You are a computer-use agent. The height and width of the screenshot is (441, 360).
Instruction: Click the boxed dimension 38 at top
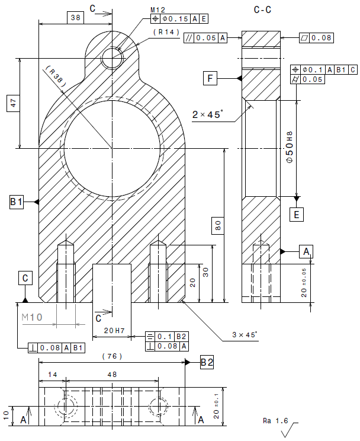click(x=76, y=18)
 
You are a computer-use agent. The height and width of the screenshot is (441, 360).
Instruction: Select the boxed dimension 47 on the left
click(x=14, y=103)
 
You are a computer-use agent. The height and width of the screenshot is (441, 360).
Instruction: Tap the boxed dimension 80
click(x=218, y=225)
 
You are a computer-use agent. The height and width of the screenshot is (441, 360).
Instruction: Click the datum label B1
click(x=17, y=202)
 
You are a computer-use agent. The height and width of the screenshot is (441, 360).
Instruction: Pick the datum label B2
click(x=207, y=362)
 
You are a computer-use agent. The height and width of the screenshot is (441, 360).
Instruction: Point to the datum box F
click(x=210, y=78)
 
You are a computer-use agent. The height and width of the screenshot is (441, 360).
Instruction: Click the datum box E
click(x=297, y=215)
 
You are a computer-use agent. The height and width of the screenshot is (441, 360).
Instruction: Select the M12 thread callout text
click(x=157, y=11)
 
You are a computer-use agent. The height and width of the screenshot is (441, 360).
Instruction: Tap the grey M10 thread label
click(x=32, y=317)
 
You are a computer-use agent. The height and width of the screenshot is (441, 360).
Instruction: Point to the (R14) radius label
click(x=166, y=32)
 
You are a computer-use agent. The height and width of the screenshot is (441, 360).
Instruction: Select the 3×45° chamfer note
click(x=245, y=335)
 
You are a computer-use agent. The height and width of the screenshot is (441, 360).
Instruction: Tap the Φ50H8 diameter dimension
click(x=290, y=147)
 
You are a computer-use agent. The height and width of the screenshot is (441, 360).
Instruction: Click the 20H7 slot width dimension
click(x=114, y=331)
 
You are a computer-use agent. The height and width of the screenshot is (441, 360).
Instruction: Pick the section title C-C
click(x=262, y=10)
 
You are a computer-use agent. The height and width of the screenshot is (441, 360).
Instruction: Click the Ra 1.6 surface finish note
click(x=275, y=421)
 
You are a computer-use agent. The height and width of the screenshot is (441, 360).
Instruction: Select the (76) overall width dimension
click(x=112, y=356)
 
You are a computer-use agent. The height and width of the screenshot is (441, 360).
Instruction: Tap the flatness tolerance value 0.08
click(x=322, y=38)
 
